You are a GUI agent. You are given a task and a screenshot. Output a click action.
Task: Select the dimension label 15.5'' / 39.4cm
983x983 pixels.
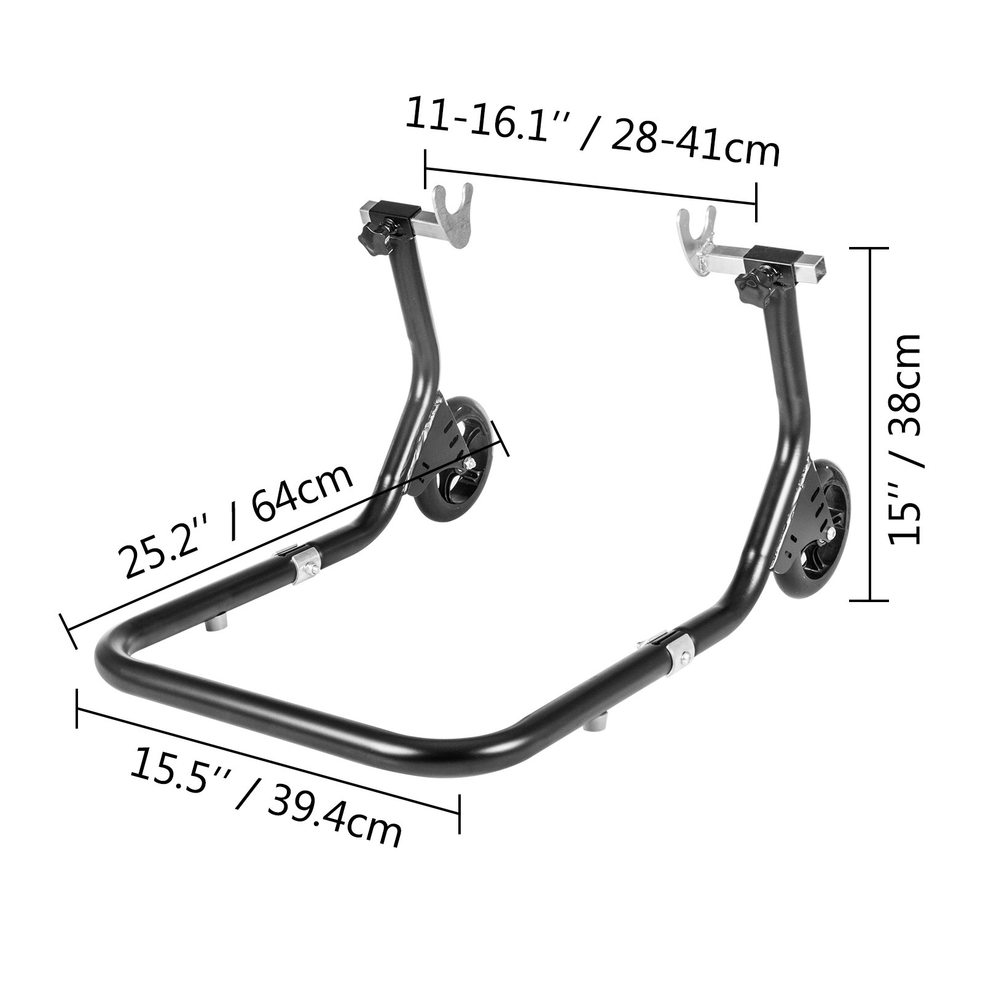click(265, 796)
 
